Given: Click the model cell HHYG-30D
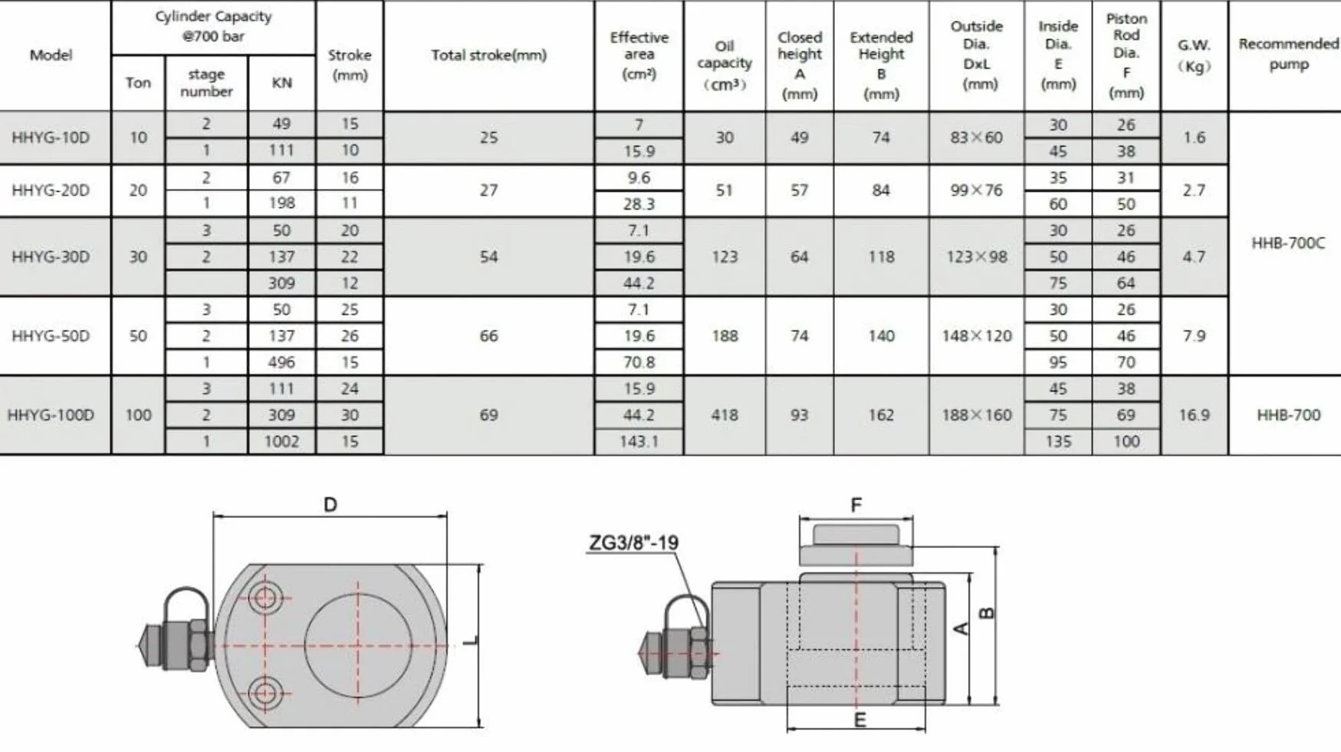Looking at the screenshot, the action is coord(51,257).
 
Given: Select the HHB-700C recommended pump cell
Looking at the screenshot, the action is coord(1288,243).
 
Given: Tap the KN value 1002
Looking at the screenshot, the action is coord(281,441).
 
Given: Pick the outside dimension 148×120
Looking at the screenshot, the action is coord(977,336).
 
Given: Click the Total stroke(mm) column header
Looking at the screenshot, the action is coord(488,55).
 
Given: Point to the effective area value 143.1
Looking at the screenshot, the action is coord(639,441).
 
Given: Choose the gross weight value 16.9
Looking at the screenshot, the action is coord(1194,415).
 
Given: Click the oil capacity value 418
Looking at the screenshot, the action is coord(725,415).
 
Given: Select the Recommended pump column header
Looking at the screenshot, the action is coord(1288,54).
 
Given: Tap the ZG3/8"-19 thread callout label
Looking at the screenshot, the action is coord(633,543).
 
